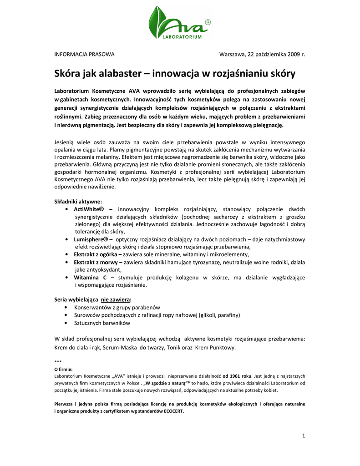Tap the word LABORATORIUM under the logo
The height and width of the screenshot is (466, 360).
pos(182,37)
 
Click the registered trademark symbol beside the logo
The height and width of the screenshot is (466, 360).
pos(208,22)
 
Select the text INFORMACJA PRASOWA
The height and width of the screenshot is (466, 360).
pos(84,54)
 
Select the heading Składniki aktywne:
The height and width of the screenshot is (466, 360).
pos(78,201)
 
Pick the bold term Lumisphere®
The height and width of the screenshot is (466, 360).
pos(91,239)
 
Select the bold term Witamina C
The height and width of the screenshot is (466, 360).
pos(91,277)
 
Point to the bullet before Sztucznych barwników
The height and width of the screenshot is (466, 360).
pos(67,323)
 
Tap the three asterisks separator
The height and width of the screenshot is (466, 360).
pos(57,361)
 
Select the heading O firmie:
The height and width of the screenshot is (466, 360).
pos(63,369)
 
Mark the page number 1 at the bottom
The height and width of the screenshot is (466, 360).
pos(303,436)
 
